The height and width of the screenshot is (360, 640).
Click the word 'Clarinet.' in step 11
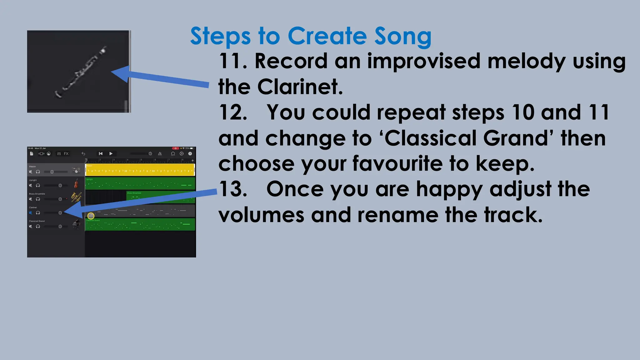(300, 87)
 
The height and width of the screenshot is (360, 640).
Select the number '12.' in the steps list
(233, 112)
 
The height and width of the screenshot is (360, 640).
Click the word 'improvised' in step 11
(424, 61)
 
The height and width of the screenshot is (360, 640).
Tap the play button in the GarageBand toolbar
(111, 153)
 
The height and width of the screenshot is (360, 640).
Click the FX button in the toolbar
(66, 153)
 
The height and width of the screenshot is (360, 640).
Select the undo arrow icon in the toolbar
(83, 153)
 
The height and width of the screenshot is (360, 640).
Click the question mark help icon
(190, 153)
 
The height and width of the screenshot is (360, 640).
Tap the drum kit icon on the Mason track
(76, 170)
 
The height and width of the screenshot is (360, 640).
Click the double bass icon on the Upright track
(76, 183)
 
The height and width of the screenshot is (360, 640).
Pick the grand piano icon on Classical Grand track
(76, 224)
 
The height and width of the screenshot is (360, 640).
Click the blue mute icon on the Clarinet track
(31, 213)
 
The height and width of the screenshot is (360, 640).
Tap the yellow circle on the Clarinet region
(91, 216)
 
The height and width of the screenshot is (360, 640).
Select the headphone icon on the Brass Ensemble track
(38, 199)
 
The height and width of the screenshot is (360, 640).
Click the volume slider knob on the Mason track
(52, 172)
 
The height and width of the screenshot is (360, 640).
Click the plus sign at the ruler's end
(192, 161)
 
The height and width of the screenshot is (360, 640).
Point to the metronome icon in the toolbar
(160, 153)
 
